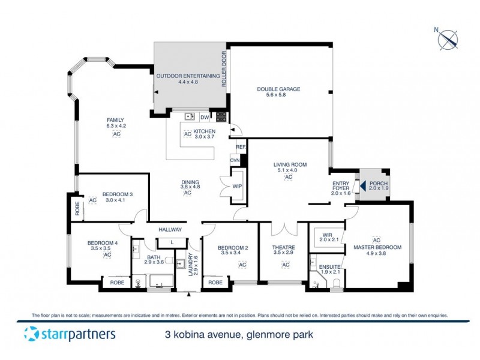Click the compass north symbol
[x=448, y=39]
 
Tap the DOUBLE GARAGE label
[x=278, y=89]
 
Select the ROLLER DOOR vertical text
[x=224, y=70]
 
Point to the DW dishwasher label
[x=205, y=117]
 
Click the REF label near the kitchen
[x=240, y=147]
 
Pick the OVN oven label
[x=235, y=160]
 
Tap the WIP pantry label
[x=237, y=187]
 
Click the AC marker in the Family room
[x=116, y=134]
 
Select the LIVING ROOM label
[x=290, y=164]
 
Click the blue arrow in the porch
[x=364, y=184]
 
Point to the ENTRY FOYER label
[x=341, y=188]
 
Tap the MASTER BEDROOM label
[x=377, y=247]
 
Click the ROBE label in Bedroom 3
[x=77, y=208]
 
